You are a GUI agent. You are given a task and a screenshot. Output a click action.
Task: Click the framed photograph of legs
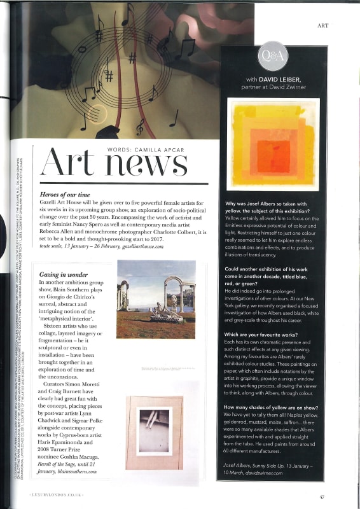tap(155, 431)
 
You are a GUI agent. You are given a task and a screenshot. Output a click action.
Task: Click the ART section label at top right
tap(322, 25)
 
